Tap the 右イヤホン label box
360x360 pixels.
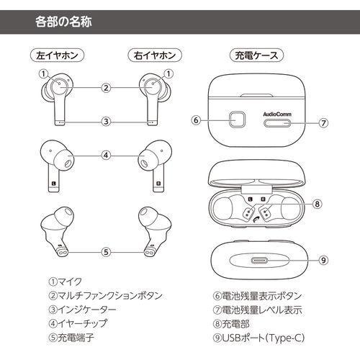(151, 55)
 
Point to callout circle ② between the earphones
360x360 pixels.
(106, 88)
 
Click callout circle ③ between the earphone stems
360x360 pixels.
(106, 121)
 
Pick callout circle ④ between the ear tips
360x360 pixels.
(106, 154)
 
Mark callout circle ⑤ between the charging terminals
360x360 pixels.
(106, 252)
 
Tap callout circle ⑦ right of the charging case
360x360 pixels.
(323, 122)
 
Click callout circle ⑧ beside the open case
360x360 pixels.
(316, 204)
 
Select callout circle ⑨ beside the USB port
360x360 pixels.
(323, 261)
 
